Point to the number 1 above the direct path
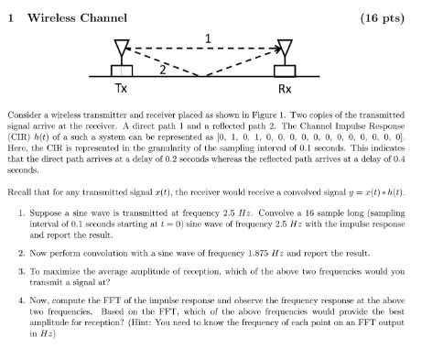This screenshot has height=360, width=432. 209,38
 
